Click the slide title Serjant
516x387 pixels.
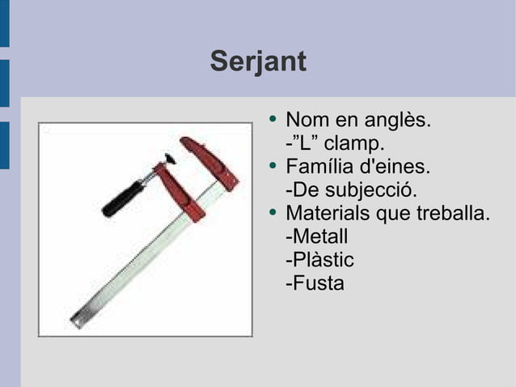[258, 62]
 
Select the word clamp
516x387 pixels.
[353, 145]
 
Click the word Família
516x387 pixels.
[319, 168]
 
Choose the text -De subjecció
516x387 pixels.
[351, 192]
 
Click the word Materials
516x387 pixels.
[327, 215]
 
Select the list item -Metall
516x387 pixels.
[316, 238]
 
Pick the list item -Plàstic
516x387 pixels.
[319, 262]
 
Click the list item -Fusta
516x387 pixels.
[315, 284]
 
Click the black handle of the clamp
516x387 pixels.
[122, 198]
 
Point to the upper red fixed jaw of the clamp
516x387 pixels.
[209, 162]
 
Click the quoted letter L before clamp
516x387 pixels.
[303, 145]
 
